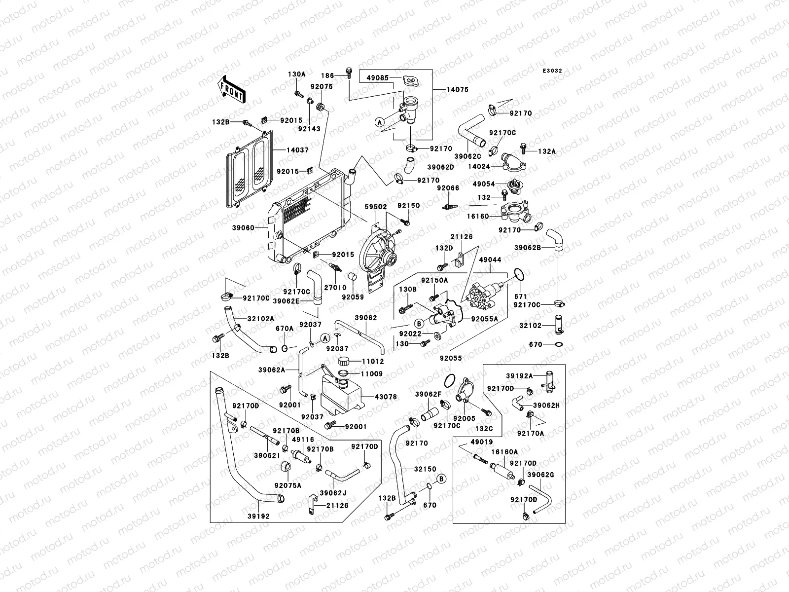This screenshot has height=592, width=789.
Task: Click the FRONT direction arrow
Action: pyautogui.click(x=231, y=90)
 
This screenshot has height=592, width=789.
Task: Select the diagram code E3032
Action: pyautogui.click(x=552, y=71)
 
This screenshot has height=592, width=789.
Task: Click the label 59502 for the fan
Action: pyautogui.click(x=376, y=207)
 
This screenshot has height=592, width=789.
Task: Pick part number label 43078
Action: pyautogui.click(x=386, y=397)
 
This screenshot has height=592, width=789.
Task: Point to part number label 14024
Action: pyautogui.click(x=479, y=167)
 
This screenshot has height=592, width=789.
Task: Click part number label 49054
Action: pyautogui.click(x=484, y=184)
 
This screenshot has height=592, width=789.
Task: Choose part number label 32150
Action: pyautogui.click(x=425, y=469)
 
